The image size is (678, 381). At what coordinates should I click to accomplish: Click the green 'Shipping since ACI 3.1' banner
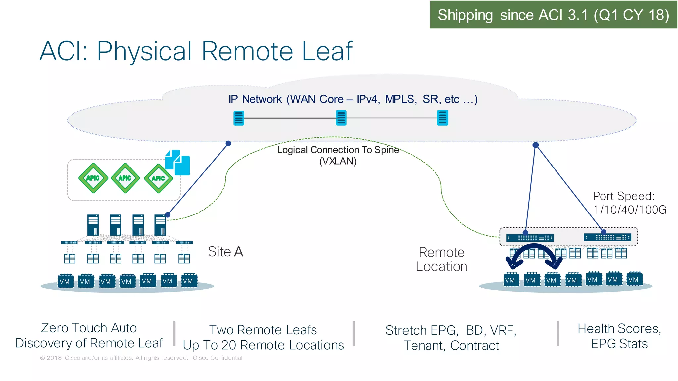[553, 15]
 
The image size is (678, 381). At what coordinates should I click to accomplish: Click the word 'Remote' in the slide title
[247, 52]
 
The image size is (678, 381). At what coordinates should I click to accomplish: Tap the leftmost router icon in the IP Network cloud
[239, 118]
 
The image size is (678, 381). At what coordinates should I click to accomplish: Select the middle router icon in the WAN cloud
[341, 118]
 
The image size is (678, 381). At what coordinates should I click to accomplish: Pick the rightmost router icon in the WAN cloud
[442, 118]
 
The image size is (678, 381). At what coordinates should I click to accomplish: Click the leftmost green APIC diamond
[93, 178]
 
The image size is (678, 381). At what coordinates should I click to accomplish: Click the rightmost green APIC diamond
[159, 178]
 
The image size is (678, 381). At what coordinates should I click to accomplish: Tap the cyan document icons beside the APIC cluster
[178, 163]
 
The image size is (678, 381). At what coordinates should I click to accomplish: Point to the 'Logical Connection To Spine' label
[338, 150]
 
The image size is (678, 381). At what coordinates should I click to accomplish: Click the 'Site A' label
[225, 252]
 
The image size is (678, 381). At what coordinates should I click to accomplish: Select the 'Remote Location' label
[441, 260]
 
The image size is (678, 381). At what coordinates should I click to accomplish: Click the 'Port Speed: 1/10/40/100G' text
[629, 203]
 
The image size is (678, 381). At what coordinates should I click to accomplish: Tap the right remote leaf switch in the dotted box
[607, 237]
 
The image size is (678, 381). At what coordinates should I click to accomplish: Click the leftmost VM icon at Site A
[65, 281]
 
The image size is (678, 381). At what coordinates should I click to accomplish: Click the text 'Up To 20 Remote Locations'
[263, 345]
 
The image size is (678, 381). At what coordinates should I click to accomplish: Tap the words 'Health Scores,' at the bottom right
[619, 329]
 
